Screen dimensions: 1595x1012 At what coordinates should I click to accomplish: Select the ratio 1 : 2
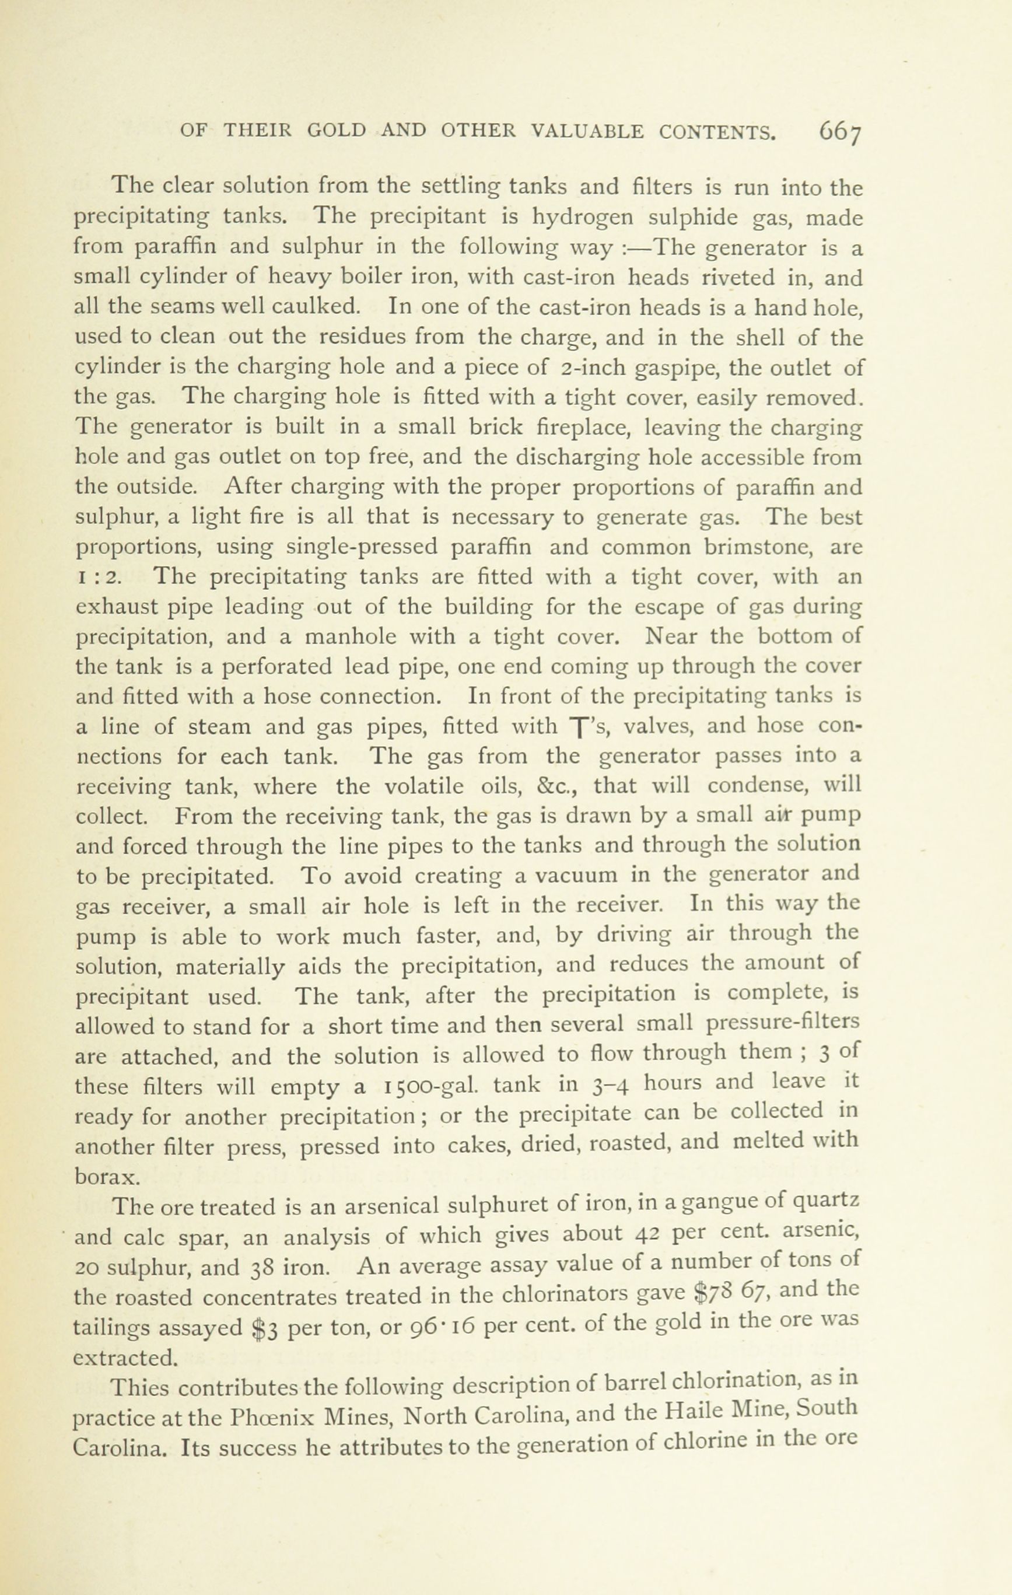coord(97,578)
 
